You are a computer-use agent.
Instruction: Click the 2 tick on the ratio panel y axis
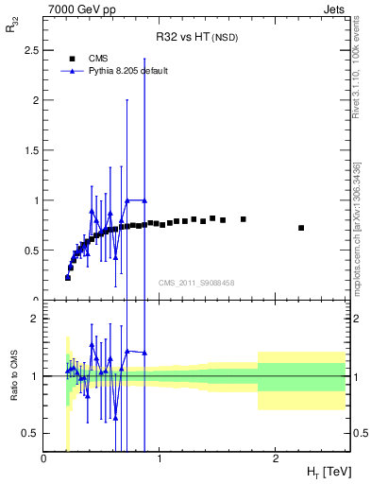click(35, 319)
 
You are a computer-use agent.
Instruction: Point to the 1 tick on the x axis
click(160, 459)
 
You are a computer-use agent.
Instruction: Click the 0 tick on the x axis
click(44, 459)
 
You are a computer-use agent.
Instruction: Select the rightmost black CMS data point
click(301, 228)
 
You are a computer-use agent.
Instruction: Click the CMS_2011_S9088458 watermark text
click(195, 283)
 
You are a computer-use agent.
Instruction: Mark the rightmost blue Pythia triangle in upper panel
click(144, 200)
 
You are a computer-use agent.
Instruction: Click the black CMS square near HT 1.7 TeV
click(244, 219)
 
